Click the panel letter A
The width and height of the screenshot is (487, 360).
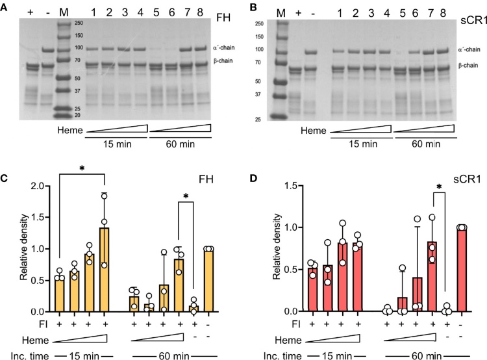click(5, 6)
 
